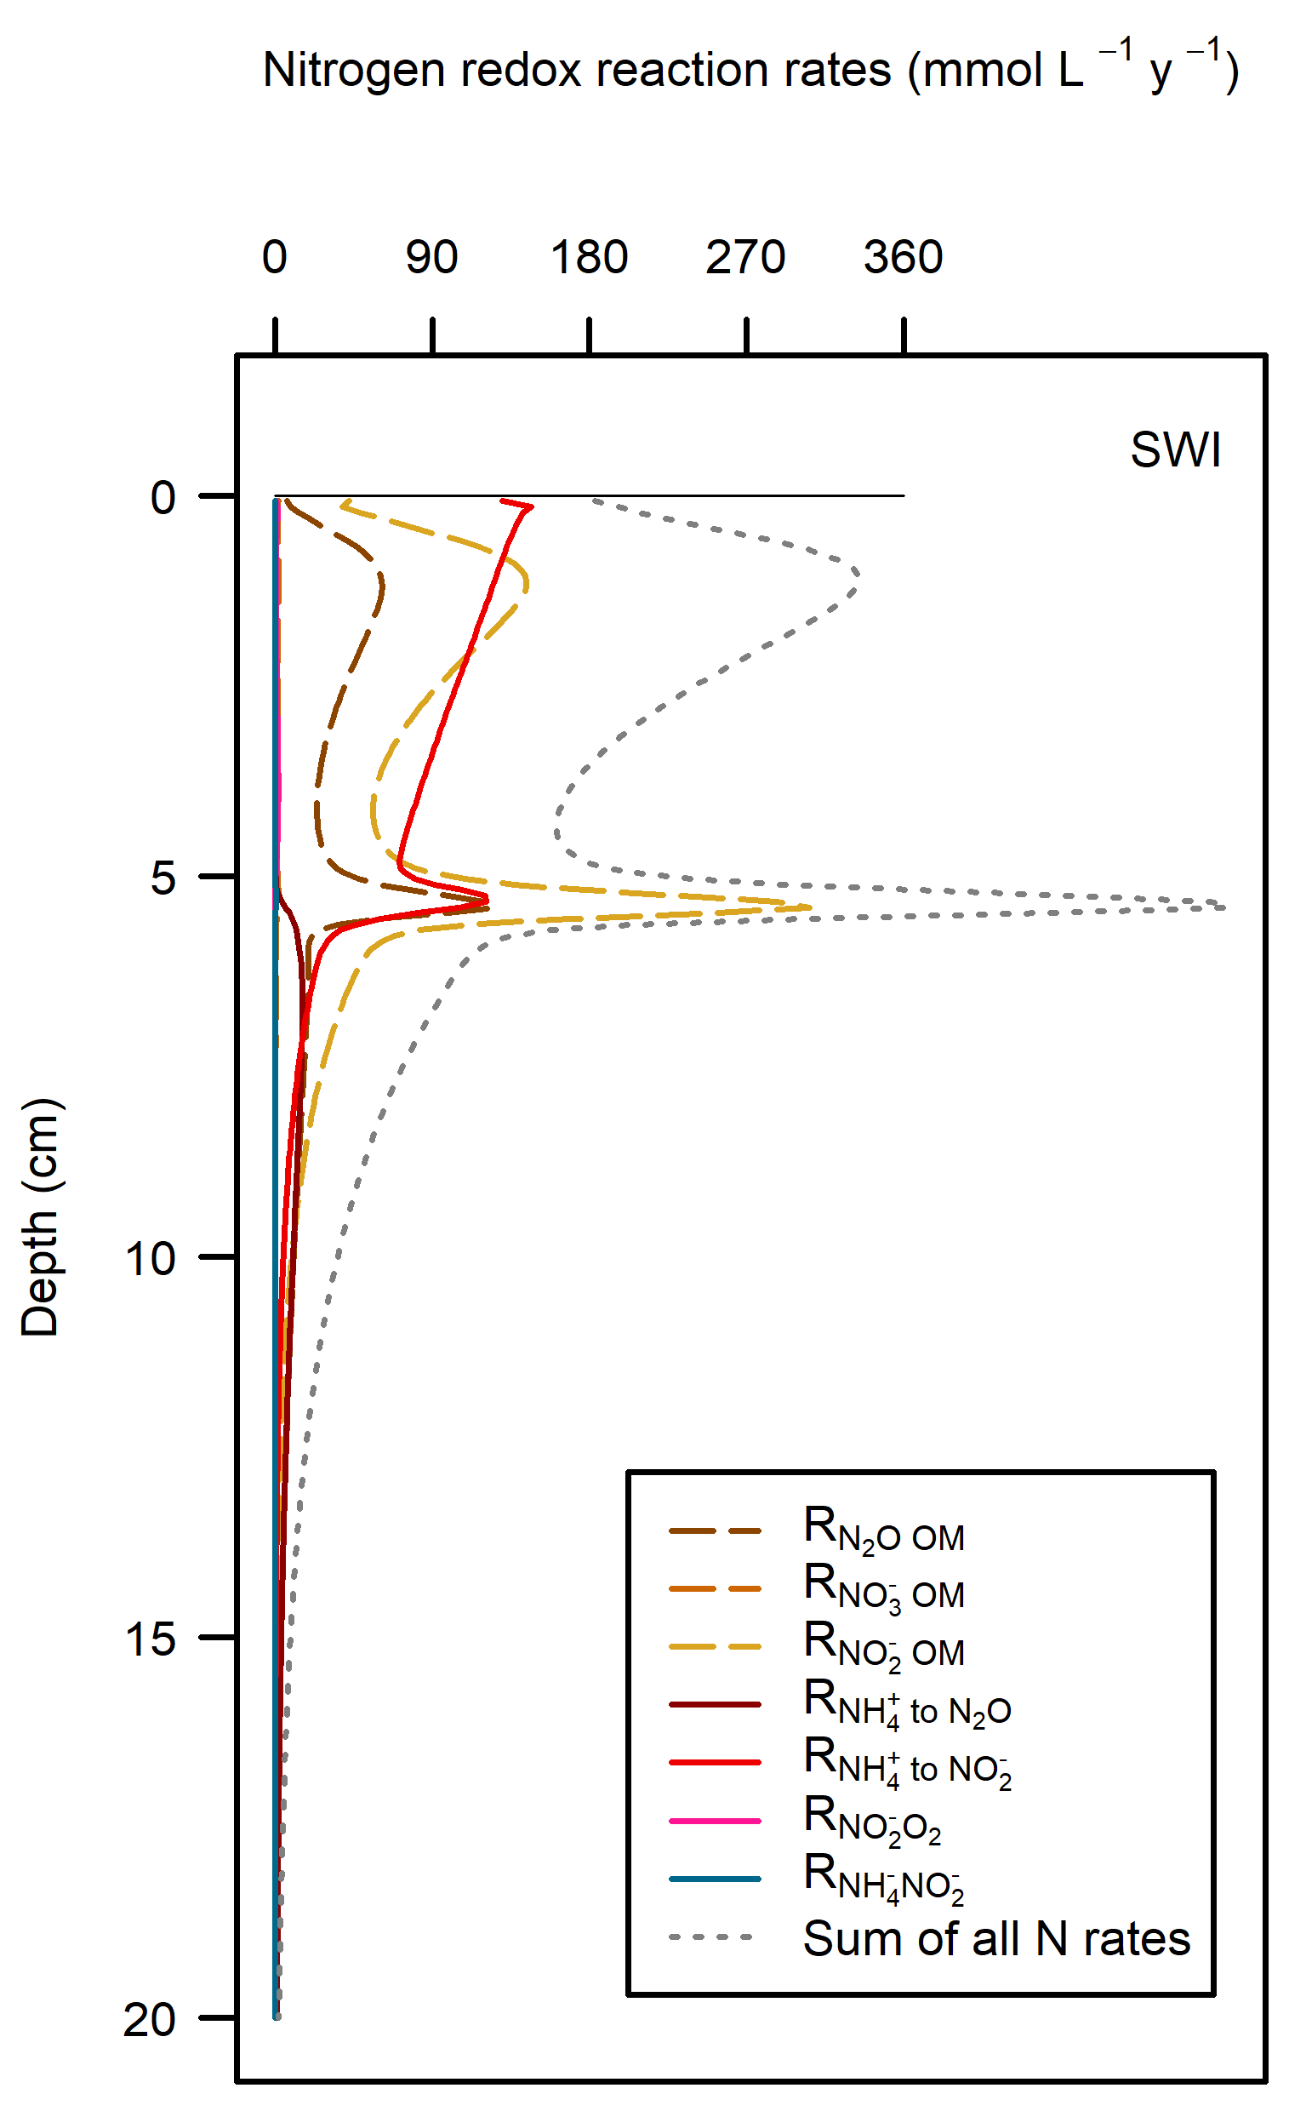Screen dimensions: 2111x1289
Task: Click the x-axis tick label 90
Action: tap(431, 257)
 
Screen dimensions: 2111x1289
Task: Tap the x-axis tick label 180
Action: tap(590, 257)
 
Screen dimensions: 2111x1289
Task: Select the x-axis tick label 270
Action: tap(746, 257)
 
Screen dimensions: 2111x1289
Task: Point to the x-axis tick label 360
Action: tap(904, 257)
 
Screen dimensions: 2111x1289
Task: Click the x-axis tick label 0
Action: tap(275, 257)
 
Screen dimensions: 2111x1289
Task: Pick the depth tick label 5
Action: tap(163, 878)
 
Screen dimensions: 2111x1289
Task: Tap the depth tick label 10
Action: tap(151, 1259)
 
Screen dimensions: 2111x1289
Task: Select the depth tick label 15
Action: tap(151, 1639)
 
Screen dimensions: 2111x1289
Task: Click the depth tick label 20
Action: tap(151, 2019)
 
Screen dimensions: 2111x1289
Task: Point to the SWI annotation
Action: tap(1175, 449)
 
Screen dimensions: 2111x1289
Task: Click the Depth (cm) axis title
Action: tap(40, 1216)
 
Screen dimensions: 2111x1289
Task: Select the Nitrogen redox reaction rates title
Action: tap(750, 71)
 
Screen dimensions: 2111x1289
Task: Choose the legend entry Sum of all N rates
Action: tap(996, 1939)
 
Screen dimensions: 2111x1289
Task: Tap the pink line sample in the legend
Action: tap(716, 1822)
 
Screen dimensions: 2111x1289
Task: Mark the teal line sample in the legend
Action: tap(716, 1879)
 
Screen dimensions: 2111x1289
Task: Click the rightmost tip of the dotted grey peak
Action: tap(1225, 907)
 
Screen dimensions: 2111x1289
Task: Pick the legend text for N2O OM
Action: tap(884, 1531)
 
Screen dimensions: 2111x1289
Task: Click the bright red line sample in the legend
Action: tap(716, 1763)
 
